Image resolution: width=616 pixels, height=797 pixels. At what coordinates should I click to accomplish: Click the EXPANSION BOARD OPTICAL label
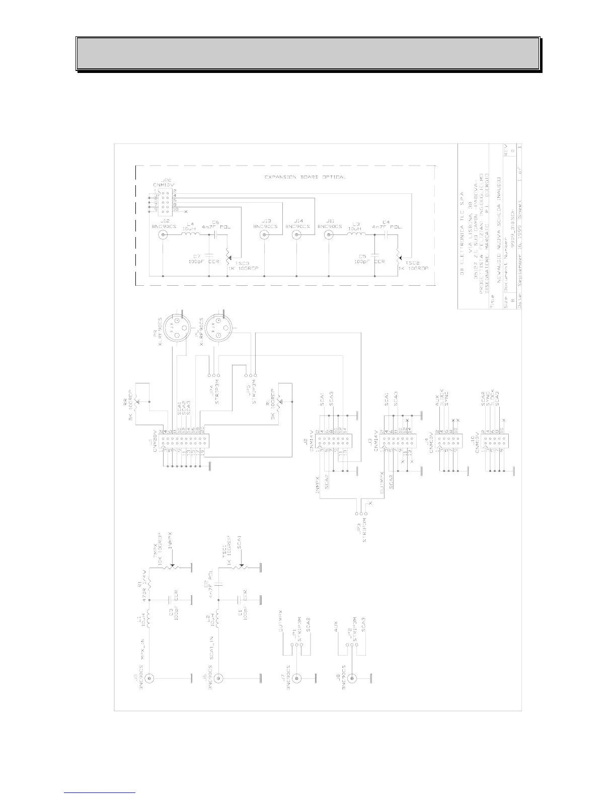(x=305, y=177)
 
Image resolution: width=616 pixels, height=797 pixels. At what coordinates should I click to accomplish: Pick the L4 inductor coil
(x=190, y=235)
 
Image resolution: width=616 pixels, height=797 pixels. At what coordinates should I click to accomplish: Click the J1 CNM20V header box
(x=184, y=442)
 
